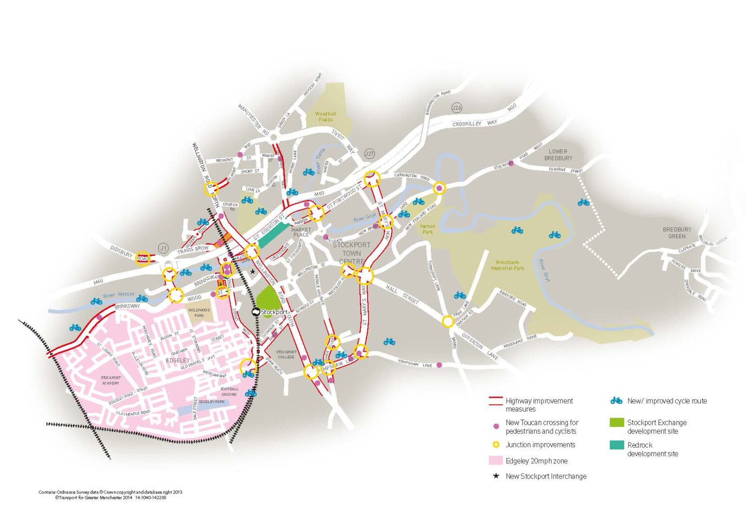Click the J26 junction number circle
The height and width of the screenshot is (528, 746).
(x=457, y=107)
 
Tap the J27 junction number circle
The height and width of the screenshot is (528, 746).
(x=369, y=153)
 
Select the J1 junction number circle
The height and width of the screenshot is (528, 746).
(x=163, y=248)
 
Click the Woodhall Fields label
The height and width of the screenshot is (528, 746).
(x=325, y=117)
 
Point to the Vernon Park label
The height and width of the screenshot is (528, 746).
(x=427, y=229)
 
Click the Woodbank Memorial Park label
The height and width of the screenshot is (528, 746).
(x=508, y=265)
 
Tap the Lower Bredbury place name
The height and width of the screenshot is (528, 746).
(x=558, y=154)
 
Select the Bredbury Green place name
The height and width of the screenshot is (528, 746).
(x=677, y=233)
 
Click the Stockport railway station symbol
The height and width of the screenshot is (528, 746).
(x=255, y=312)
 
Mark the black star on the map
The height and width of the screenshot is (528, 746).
(x=253, y=272)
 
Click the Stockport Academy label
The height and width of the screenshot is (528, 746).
(x=111, y=380)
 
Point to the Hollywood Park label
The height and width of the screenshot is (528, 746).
(x=199, y=312)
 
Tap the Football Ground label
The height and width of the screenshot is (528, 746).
(x=229, y=392)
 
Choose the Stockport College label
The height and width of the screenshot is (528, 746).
(x=286, y=354)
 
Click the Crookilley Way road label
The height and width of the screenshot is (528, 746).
(x=475, y=123)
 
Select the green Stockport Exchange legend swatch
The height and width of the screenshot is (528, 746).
(x=616, y=423)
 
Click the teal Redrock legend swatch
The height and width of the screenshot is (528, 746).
(x=616, y=445)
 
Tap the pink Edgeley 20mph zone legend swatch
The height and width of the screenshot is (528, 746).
(x=495, y=460)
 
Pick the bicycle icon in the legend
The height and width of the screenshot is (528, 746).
(x=616, y=401)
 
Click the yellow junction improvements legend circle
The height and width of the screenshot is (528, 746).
(x=496, y=444)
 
